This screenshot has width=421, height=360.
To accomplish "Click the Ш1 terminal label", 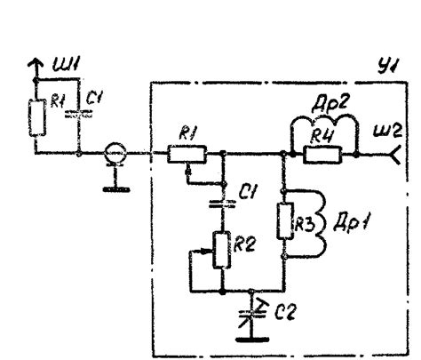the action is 67,65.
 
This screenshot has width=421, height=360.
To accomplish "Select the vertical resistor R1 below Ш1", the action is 37,117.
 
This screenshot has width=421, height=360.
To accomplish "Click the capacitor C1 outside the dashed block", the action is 79,114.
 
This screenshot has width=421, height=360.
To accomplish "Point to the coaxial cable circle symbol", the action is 115,153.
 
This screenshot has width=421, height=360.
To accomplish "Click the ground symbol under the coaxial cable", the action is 116,189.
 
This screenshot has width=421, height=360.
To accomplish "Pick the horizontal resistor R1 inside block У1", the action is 187,154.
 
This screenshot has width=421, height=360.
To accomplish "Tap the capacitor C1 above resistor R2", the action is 223,204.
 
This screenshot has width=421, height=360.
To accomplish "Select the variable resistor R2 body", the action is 222,251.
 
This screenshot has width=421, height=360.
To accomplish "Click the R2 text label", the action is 243,244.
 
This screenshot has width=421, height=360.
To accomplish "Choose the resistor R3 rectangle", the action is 285,221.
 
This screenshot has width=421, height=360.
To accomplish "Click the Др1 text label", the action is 351,224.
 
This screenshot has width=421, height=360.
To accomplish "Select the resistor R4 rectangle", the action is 322,155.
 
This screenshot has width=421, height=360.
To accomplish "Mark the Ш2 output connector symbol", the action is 396,155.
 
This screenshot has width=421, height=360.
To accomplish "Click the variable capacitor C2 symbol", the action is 252,313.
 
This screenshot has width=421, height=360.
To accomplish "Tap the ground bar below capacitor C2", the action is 252,340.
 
